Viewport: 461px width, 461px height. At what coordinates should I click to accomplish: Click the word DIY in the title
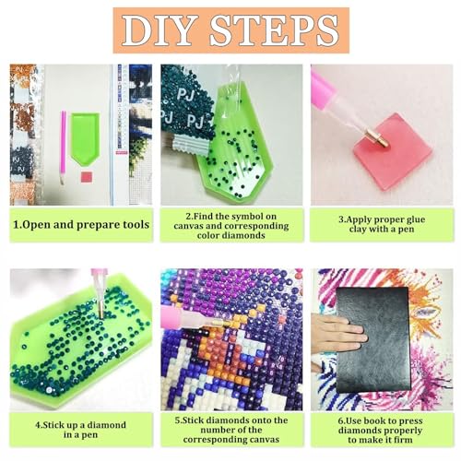tap(160, 30)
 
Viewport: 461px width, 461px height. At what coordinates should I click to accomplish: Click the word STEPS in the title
tap(275, 30)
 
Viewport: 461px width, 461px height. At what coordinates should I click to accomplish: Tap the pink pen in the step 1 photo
tap(63, 147)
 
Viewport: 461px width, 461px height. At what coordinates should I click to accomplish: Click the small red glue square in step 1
tap(87, 177)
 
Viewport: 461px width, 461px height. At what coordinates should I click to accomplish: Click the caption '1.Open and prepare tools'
tap(81, 225)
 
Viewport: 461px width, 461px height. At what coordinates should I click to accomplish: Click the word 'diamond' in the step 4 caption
tap(106, 425)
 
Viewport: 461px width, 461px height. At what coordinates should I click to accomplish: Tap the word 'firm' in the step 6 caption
tap(402, 440)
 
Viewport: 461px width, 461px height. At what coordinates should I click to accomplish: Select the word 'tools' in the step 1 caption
tap(136, 225)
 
